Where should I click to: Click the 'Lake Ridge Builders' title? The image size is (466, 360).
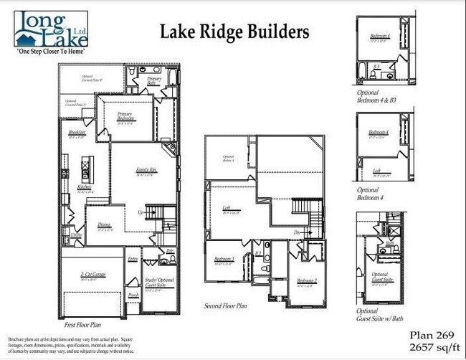234,32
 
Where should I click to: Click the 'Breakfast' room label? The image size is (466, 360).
77,133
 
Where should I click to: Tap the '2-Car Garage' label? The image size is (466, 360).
89,276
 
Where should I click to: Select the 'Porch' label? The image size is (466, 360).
133,295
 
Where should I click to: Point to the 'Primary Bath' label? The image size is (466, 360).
155,81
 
